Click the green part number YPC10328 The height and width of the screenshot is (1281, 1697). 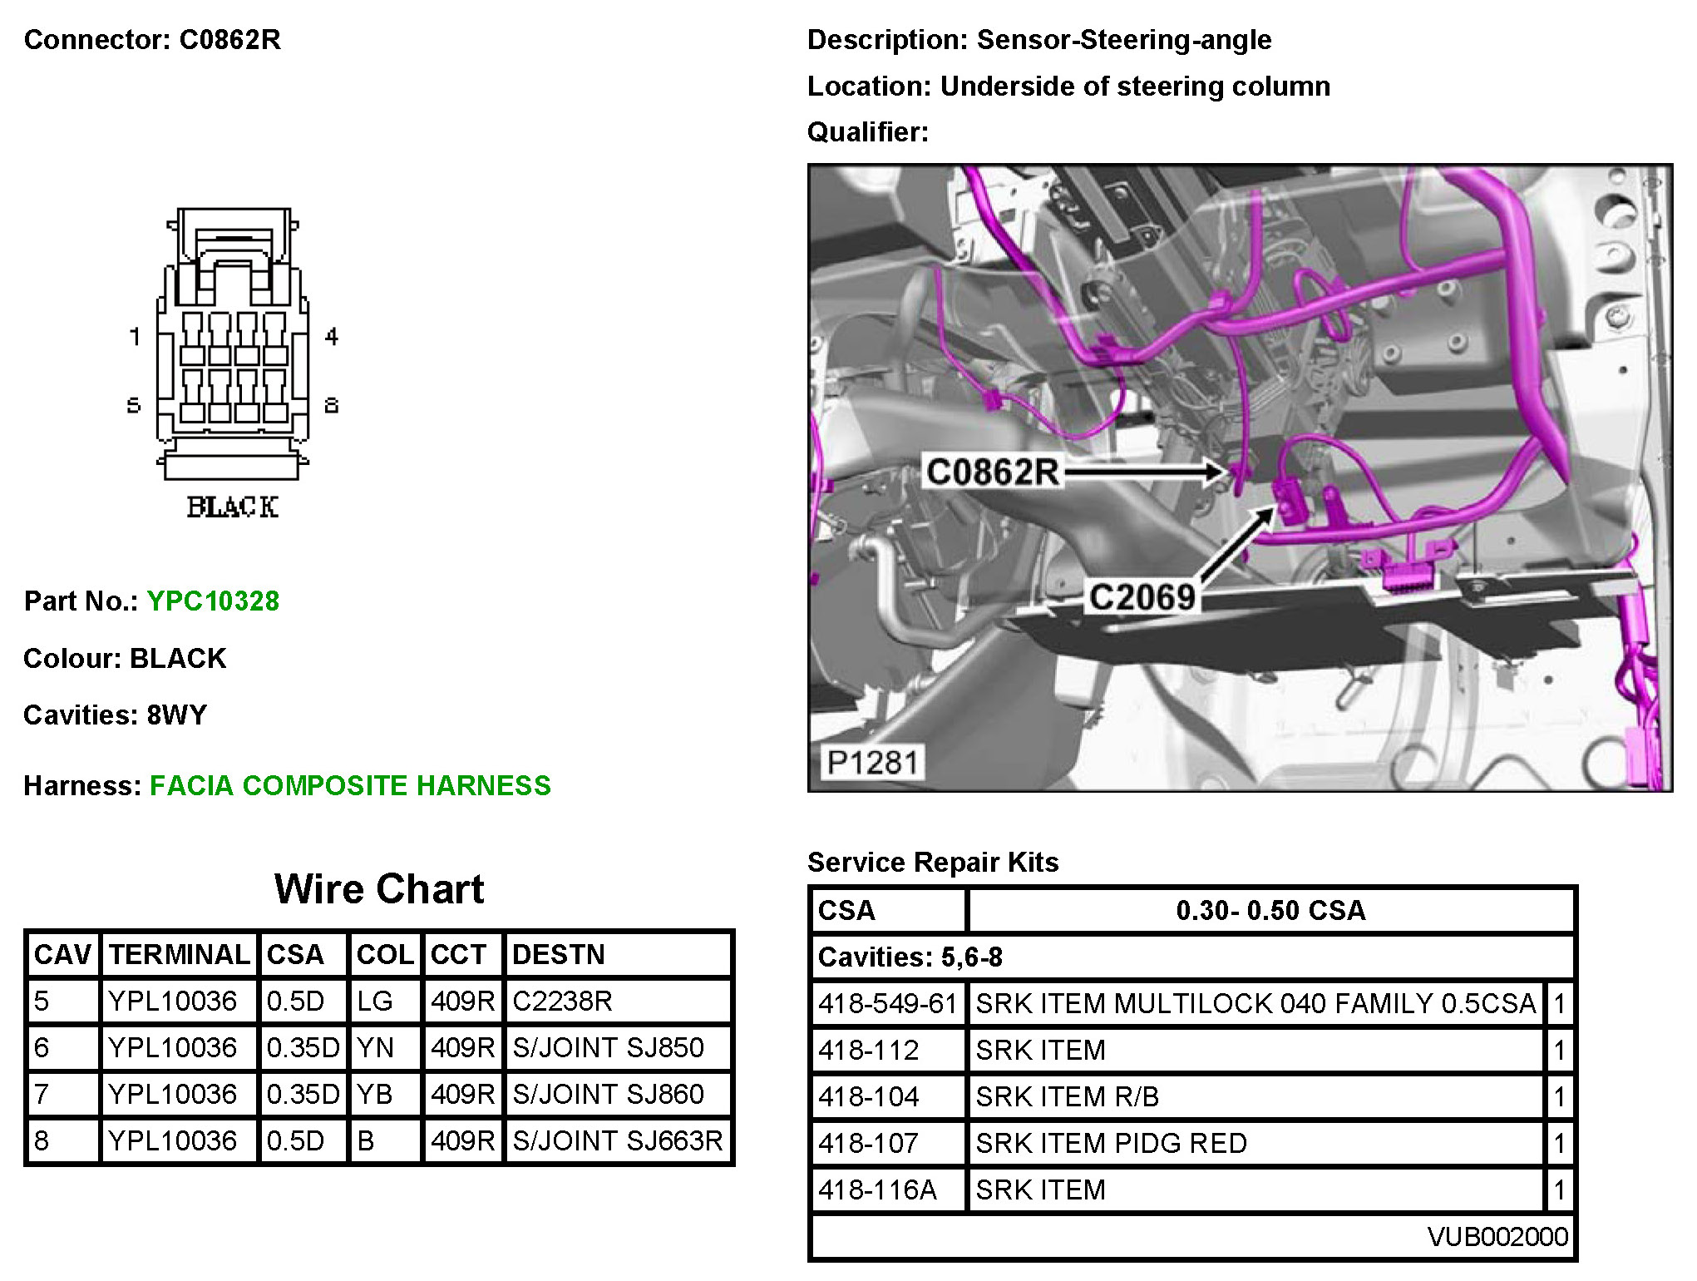point(213,601)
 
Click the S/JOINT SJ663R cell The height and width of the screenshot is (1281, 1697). point(617,1140)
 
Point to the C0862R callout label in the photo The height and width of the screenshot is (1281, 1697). point(993,472)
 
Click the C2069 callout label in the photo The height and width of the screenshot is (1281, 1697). point(1142,596)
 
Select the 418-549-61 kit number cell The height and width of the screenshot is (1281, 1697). point(887,1003)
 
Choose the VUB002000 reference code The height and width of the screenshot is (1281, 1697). point(1497,1237)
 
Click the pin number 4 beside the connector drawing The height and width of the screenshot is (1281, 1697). point(332,337)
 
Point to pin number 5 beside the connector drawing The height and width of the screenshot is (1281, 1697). point(134,405)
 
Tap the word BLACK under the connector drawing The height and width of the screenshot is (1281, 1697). point(232,507)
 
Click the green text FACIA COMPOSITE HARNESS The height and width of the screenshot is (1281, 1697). point(350,785)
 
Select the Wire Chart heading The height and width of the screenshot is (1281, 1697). point(379,888)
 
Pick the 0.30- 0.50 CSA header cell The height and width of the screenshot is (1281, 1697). point(1270,910)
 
